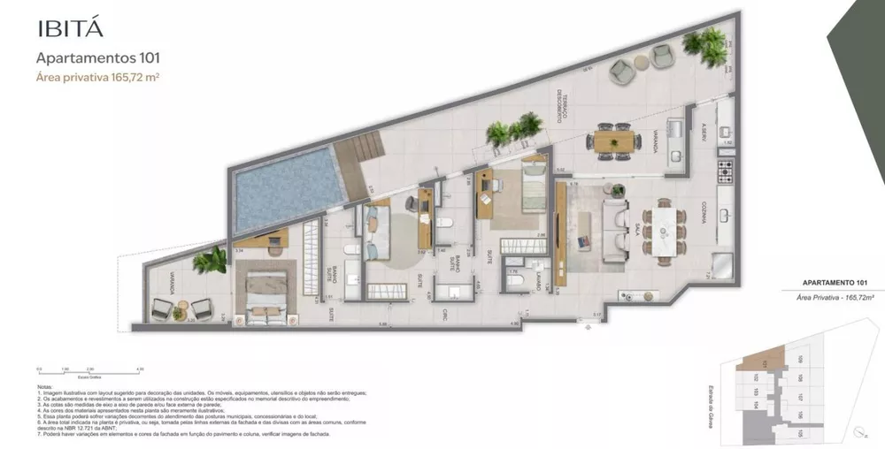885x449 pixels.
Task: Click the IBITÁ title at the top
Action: pos(70,27)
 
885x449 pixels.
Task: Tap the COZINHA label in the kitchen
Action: pos(705,209)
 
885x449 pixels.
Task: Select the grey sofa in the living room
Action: pos(613,232)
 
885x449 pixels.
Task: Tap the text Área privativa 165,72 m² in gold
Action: pos(97,78)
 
